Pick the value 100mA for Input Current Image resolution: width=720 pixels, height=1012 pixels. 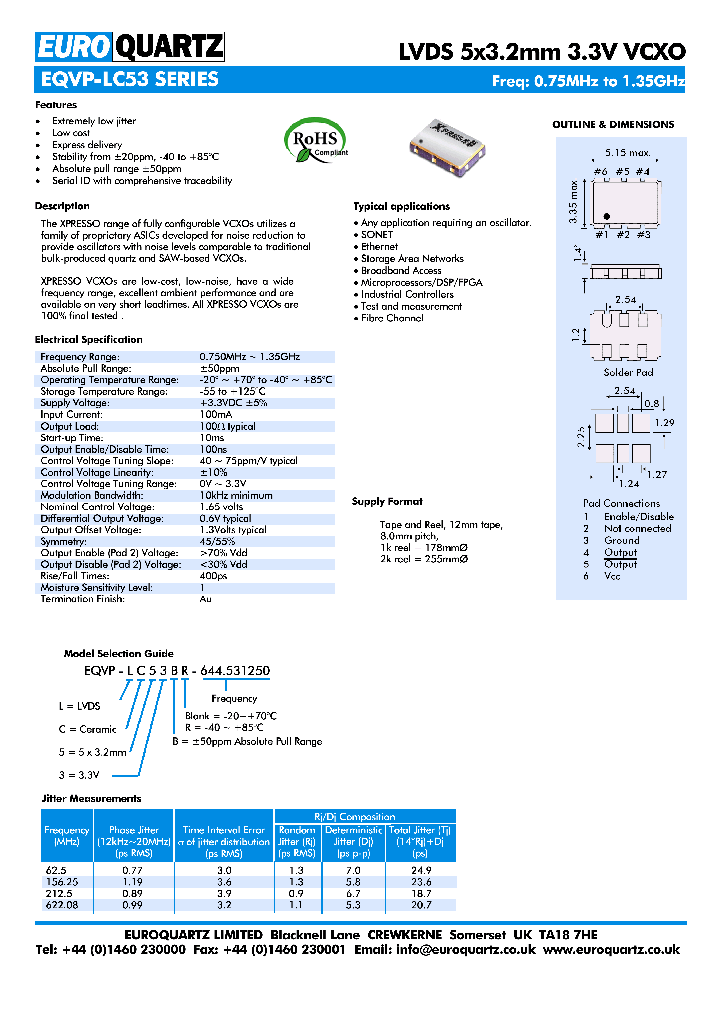click(216, 414)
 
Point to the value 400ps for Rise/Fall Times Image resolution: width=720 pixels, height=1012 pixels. click(214, 575)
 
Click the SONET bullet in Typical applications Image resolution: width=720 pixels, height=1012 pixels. click(377, 234)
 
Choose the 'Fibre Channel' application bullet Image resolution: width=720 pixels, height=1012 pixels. click(392, 318)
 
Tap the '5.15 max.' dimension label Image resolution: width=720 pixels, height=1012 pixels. click(627, 153)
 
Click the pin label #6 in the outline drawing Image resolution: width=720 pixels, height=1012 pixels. click(600, 172)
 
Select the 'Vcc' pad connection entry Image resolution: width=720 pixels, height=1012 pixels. click(613, 576)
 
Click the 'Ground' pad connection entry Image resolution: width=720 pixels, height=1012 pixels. click(621, 540)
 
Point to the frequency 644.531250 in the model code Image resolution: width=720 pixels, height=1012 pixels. click(234, 670)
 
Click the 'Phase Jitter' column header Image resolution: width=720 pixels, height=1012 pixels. click(134, 830)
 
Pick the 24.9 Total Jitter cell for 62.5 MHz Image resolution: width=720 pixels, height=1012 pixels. click(421, 871)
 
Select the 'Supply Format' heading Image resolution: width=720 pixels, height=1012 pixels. click(387, 501)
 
